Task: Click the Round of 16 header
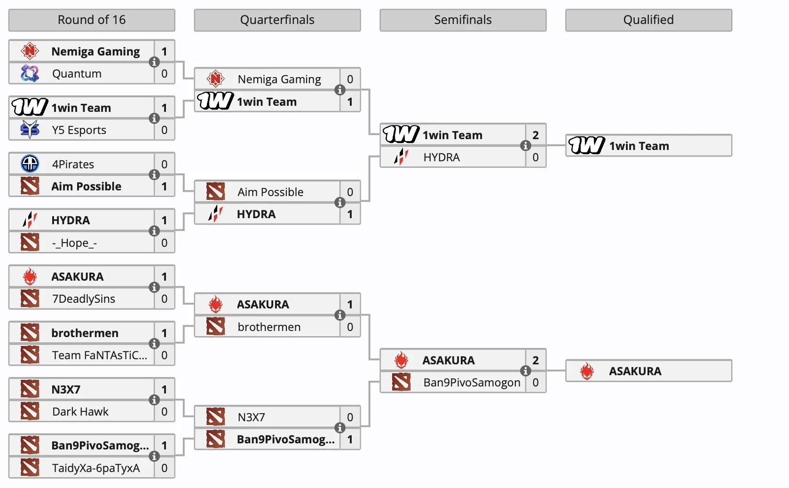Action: [x=92, y=20]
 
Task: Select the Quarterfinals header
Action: [x=277, y=20]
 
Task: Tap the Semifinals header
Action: [x=463, y=20]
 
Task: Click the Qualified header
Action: [x=648, y=20]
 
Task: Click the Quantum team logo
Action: [x=30, y=73]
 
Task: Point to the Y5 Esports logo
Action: [x=30, y=129]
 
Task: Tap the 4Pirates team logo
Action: [x=30, y=164]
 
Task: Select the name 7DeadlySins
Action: [x=84, y=299]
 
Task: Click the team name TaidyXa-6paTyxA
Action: [x=96, y=468]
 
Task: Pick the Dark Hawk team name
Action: [x=80, y=411]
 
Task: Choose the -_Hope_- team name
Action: [x=74, y=243]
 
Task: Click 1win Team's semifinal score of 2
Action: [x=536, y=135]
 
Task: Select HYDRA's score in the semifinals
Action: [x=536, y=157]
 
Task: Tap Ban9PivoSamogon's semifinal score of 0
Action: [x=536, y=382]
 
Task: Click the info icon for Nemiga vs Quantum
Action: [x=154, y=62]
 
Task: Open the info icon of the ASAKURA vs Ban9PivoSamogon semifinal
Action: [x=525, y=371]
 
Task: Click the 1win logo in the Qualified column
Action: [x=587, y=145]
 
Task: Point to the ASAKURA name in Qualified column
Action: [x=635, y=371]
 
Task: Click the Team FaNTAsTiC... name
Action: [x=100, y=355]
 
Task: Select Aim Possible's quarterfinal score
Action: [x=350, y=192]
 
